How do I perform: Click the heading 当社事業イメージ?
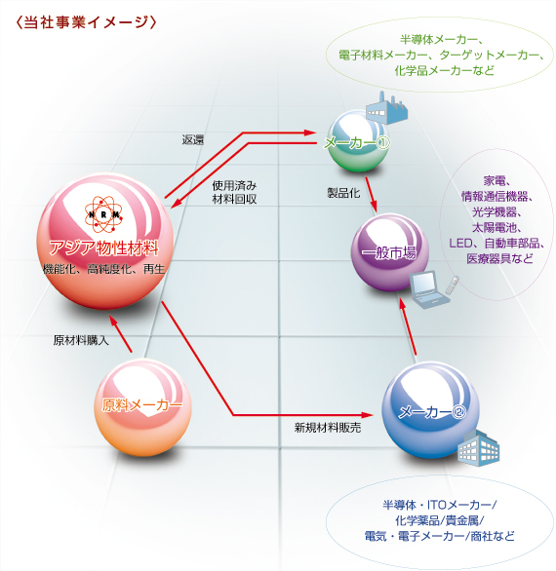point(87,22)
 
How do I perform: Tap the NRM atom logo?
point(103,214)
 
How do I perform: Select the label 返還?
point(193,140)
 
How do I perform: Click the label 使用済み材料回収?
point(234,192)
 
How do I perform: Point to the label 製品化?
point(343,193)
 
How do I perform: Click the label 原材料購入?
point(81,340)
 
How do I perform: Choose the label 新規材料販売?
point(328,427)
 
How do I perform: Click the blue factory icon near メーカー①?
point(386,108)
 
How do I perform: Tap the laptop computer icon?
point(429,289)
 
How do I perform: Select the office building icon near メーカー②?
point(478,448)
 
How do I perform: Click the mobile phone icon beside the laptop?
point(452,285)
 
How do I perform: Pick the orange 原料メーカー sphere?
point(143,407)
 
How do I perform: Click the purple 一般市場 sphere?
point(389,252)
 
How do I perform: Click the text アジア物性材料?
point(104,248)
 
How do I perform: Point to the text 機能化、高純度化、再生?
point(104,269)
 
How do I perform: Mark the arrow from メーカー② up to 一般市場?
point(409,326)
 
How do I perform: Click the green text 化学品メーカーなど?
point(445,70)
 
